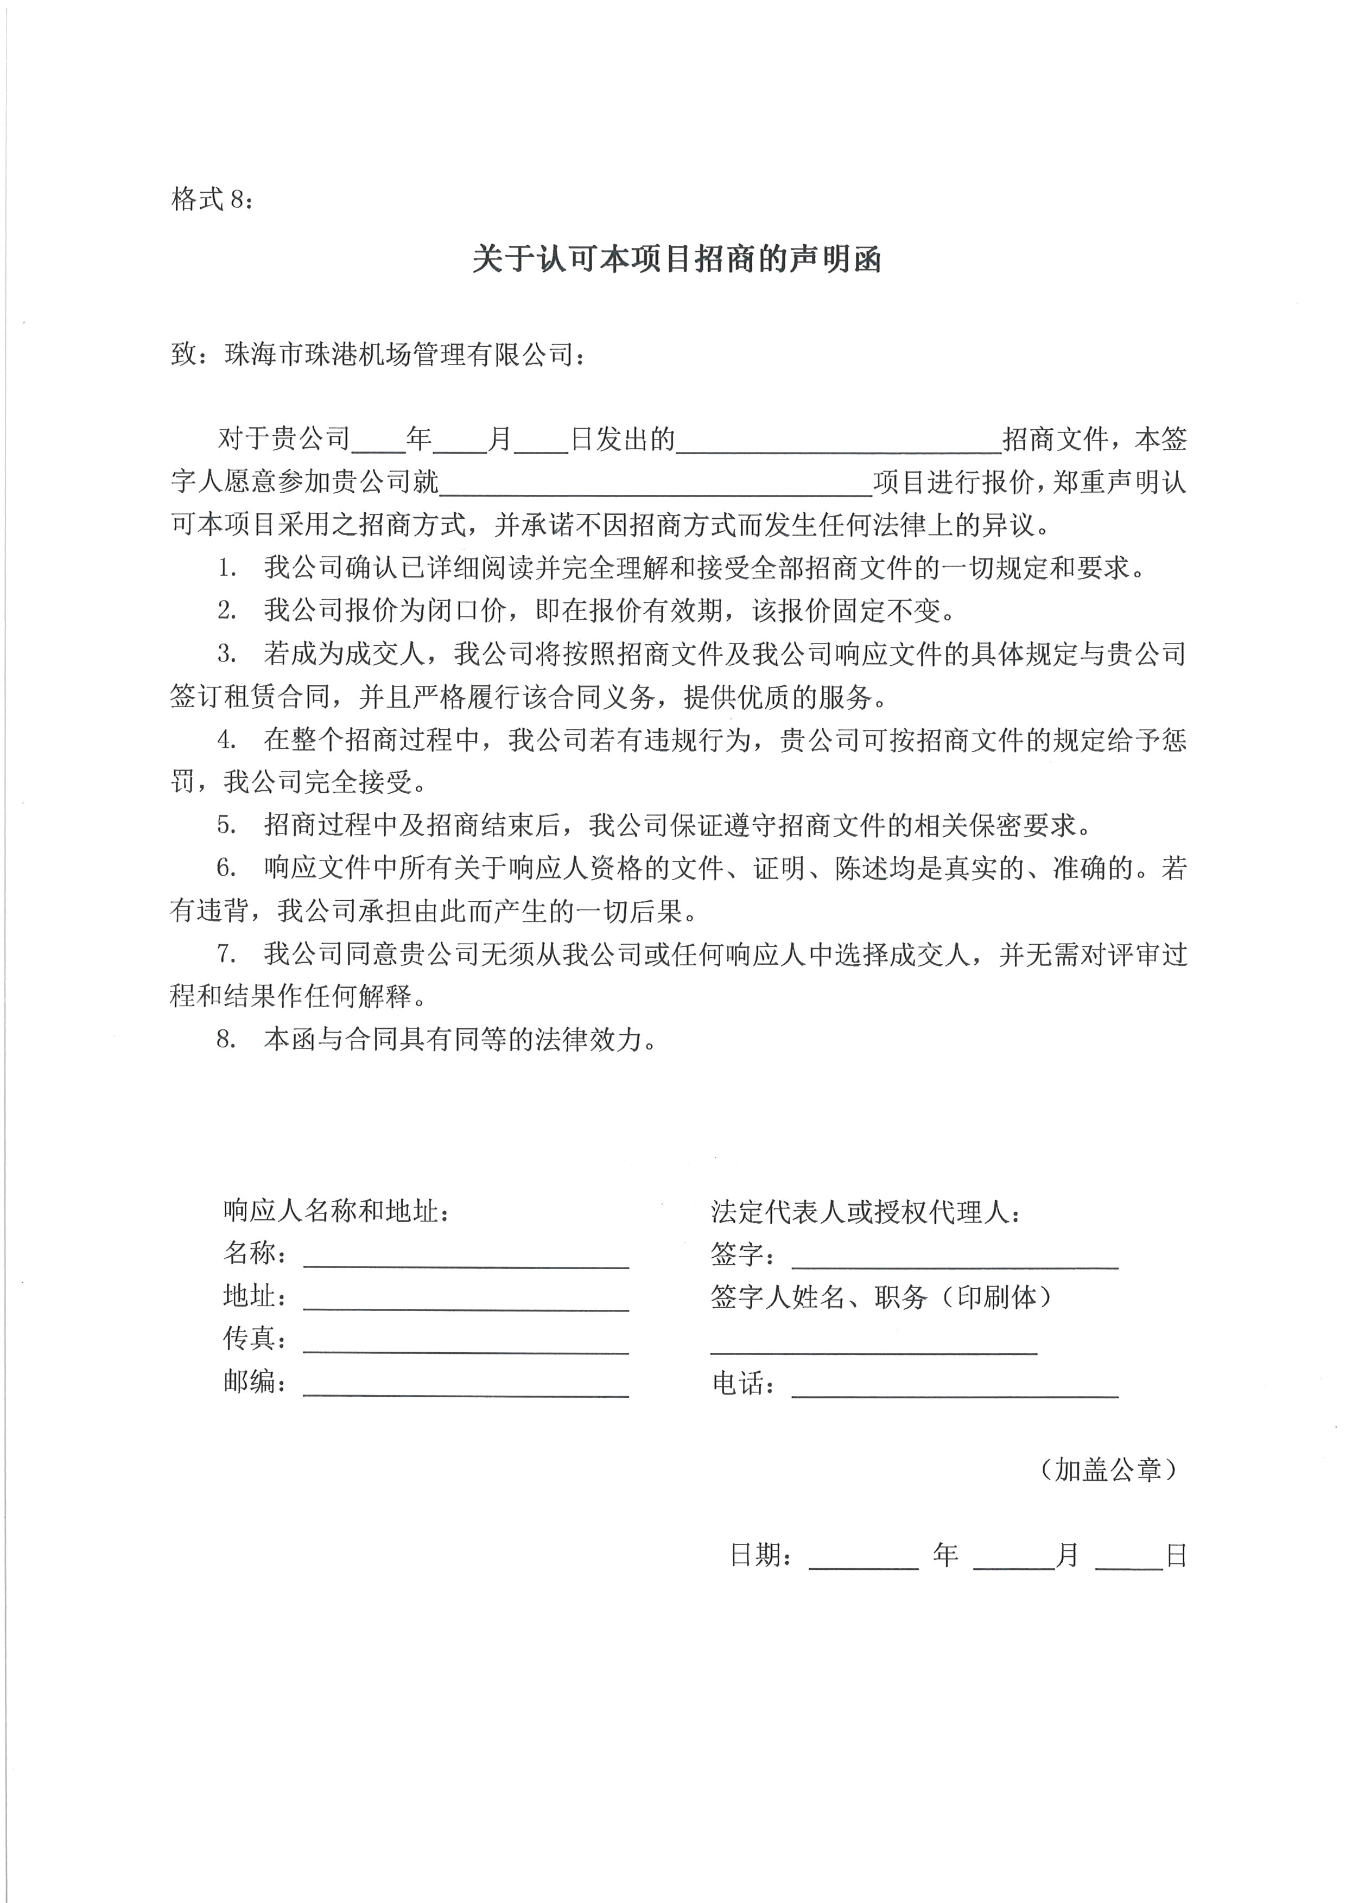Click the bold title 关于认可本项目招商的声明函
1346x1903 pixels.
point(676,259)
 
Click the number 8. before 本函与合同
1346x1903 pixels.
point(226,1039)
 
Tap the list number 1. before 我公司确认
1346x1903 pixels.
point(226,569)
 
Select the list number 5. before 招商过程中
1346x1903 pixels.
point(226,825)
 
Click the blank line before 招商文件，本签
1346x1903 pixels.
point(839,440)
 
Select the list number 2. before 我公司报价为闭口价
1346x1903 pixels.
point(226,612)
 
